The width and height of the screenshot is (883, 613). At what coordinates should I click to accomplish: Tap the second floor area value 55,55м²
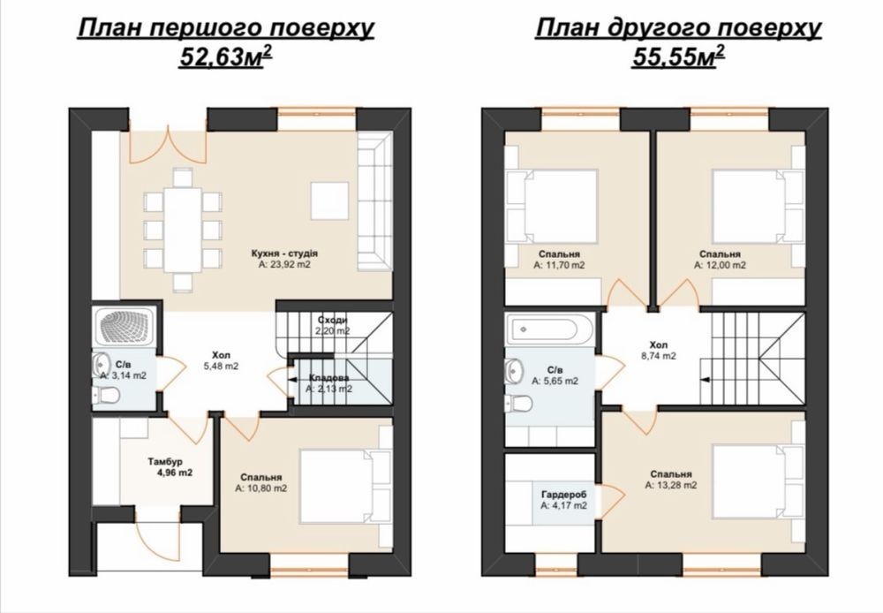[x=678, y=56]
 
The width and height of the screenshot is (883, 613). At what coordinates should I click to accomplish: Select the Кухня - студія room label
[x=284, y=254]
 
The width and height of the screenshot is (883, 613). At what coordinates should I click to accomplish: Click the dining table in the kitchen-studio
[x=183, y=229]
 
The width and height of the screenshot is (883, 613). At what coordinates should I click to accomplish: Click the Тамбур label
[x=166, y=462]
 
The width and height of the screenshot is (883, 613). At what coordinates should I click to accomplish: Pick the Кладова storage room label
[x=328, y=377]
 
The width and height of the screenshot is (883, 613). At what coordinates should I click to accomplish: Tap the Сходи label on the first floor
[x=332, y=320]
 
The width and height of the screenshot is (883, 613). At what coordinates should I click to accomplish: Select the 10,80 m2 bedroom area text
[x=260, y=488]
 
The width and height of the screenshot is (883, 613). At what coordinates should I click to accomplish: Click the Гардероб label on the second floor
[x=563, y=494]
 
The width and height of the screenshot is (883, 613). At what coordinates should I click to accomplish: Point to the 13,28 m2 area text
[x=671, y=485]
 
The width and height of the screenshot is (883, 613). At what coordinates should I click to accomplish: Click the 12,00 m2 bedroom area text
[x=720, y=265]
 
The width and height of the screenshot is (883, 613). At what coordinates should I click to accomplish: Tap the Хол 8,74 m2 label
[x=659, y=351]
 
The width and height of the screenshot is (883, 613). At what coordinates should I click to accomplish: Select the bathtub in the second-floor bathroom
[x=549, y=329]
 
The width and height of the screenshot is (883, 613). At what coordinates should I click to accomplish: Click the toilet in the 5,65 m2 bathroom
[x=519, y=404]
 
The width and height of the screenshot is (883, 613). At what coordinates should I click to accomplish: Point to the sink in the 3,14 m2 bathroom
[x=102, y=365]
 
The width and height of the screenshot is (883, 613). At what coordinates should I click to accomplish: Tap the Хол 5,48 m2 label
[x=222, y=360]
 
